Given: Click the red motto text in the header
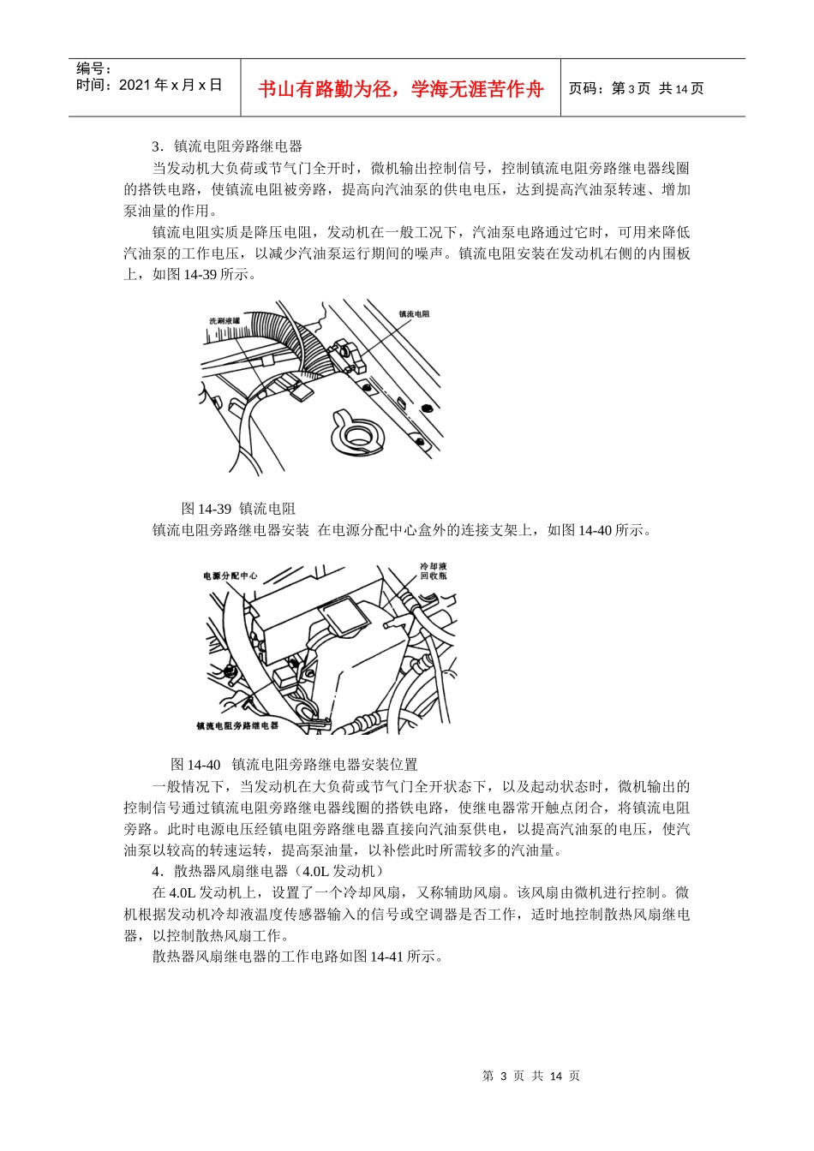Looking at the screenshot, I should pyautogui.click(x=400, y=89).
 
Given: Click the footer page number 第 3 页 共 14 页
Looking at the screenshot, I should pyautogui.click(x=531, y=1076).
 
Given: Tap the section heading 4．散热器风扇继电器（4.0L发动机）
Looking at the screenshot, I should pyautogui.click(x=266, y=871).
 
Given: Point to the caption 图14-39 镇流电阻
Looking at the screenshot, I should pyautogui.click(x=238, y=509).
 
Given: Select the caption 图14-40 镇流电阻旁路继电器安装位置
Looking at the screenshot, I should pyautogui.click(x=294, y=764).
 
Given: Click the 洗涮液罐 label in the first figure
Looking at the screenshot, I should pyautogui.click(x=224, y=321).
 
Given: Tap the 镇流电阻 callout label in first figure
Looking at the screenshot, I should pyautogui.click(x=414, y=314).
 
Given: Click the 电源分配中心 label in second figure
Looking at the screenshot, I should pyautogui.click(x=230, y=576).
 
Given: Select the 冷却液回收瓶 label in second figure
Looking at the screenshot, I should pyautogui.click(x=433, y=571).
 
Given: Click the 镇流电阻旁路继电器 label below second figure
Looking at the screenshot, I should pyautogui.click(x=237, y=725).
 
